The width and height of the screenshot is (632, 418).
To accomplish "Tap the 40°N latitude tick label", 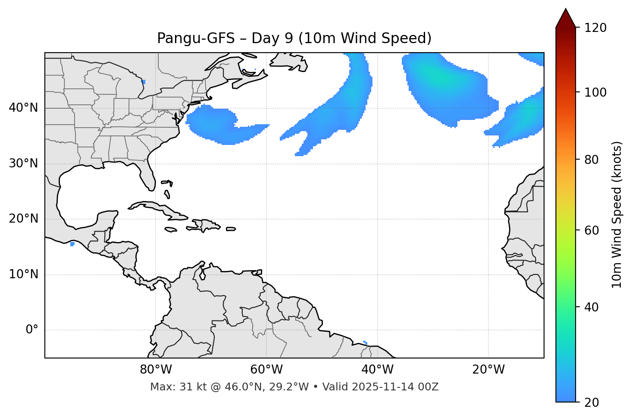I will coord(23,108).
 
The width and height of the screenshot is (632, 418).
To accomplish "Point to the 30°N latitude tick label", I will coord(23,163).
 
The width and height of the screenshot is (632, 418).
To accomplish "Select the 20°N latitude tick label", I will coord(23,219).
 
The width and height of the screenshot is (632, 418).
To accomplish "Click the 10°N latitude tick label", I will coord(23,274).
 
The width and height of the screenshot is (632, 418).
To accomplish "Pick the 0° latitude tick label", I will coord(32,330).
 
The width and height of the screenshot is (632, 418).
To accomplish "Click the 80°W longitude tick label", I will coord(156,370).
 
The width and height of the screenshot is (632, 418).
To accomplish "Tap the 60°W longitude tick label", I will coord(266,370).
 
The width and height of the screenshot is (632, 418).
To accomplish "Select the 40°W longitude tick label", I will coord(377,370).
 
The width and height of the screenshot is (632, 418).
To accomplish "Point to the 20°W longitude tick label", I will coord(488,370).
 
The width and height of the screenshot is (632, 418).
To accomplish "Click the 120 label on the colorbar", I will coord(595,28).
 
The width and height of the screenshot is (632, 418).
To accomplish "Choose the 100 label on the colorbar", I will coord(595,92).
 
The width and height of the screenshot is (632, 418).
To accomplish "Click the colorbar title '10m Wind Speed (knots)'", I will coord(617,214).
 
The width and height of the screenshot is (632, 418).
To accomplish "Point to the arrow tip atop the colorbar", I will coord(566,9).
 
